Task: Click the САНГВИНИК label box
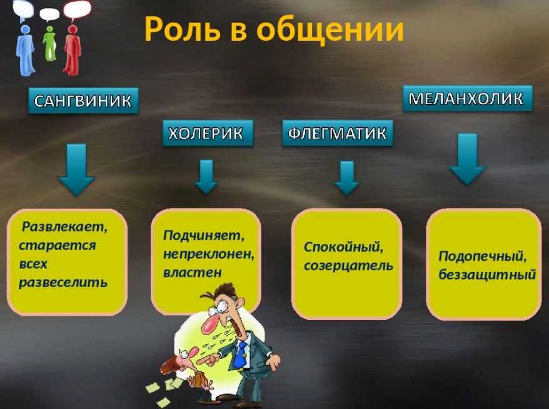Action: (x=83, y=101)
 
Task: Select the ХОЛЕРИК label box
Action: (x=207, y=133)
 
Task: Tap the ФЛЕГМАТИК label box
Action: (x=338, y=133)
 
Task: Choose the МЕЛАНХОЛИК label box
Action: (x=468, y=98)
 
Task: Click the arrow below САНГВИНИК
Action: (x=76, y=169)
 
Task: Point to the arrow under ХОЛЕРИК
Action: (x=206, y=177)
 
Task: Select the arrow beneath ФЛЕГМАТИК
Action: (x=347, y=177)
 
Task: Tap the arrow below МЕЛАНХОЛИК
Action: (x=468, y=158)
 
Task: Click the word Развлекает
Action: (x=65, y=227)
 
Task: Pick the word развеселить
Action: (x=63, y=282)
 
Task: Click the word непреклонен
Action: (x=209, y=254)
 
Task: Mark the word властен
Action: (x=193, y=272)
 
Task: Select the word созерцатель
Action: (x=348, y=266)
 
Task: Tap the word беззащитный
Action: (x=487, y=274)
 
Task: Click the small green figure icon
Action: (x=50, y=43)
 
